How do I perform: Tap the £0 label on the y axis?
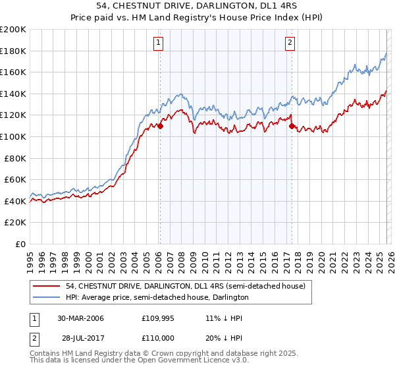20,244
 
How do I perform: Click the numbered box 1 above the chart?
159,43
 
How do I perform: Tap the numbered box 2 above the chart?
290,43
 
